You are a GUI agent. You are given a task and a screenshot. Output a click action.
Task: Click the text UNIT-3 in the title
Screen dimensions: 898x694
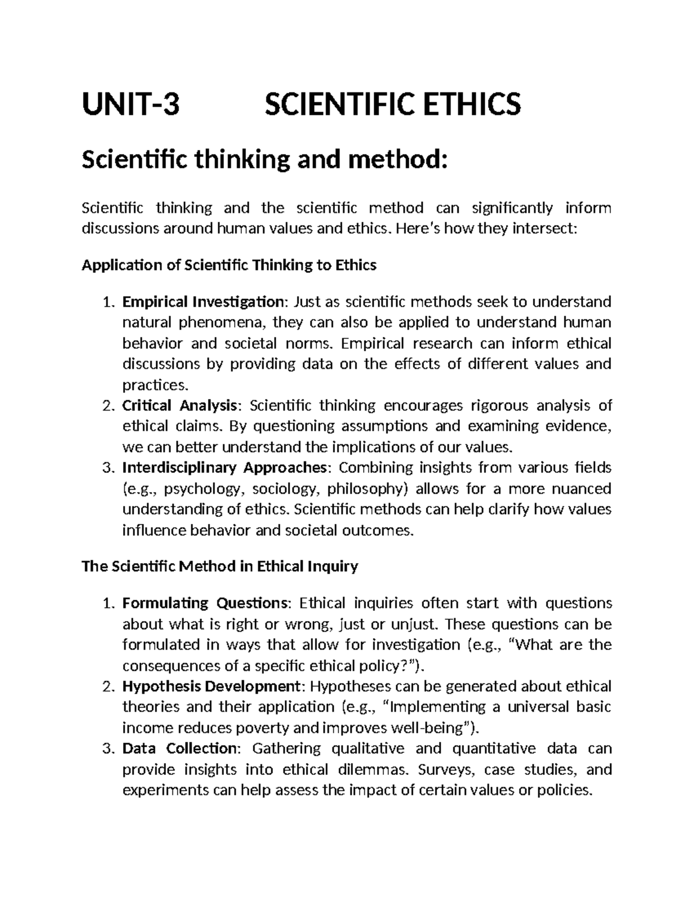tap(131, 105)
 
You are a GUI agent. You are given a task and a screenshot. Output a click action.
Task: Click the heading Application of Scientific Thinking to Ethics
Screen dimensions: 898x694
tap(229, 265)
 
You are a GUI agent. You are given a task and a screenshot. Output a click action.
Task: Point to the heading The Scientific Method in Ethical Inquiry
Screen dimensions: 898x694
tap(220, 567)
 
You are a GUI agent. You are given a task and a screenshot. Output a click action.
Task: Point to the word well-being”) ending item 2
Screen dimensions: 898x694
tap(435, 728)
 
